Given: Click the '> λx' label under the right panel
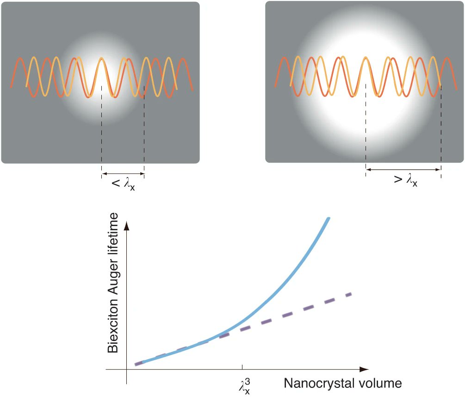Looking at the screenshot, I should [405, 180].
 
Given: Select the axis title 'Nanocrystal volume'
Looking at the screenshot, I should [342, 384].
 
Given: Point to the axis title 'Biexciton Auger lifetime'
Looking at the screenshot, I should [113, 283].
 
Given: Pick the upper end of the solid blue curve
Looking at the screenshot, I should [328, 218].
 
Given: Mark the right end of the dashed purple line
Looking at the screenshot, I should [352, 293].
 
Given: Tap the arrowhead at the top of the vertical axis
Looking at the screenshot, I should [125, 226].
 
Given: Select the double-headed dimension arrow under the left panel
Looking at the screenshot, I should [123, 175].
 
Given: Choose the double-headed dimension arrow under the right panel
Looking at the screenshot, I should [403, 170].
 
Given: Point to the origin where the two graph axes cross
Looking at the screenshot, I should [125, 369].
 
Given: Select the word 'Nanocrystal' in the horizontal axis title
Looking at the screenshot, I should [319, 384].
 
